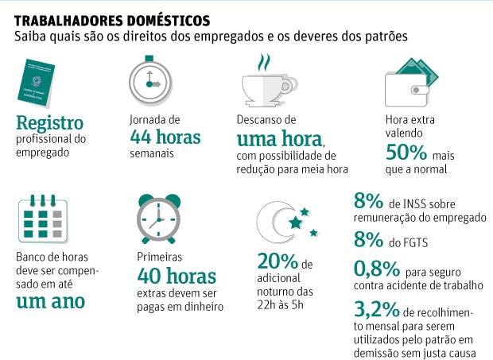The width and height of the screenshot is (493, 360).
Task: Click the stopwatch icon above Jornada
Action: [150, 80]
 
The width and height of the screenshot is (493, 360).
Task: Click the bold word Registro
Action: [49, 124]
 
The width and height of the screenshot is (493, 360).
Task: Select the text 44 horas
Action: [165, 137]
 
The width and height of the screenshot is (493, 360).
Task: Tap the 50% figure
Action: [406, 152]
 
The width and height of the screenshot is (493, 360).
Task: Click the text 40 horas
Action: [176, 277]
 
